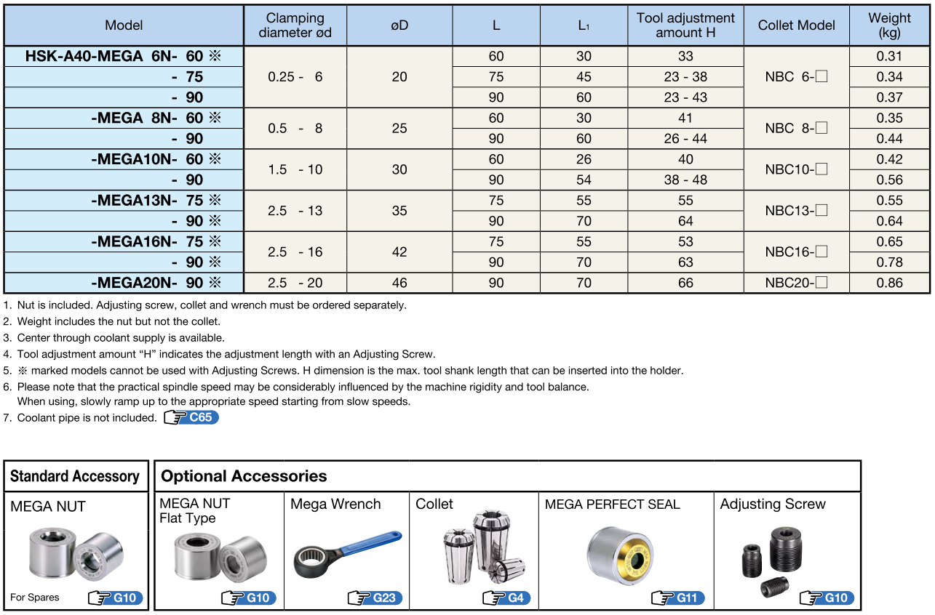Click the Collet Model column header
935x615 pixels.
click(796, 25)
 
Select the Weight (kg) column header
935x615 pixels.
click(889, 25)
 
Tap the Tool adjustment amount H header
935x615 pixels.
click(685, 25)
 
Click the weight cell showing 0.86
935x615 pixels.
click(889, 283)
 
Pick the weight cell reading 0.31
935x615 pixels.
click(889, 56)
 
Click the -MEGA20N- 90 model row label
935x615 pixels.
click(156, 283)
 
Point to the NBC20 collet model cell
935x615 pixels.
click(796, 283)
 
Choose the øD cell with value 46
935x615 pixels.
click(399, 283)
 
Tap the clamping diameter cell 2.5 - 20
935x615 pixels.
click(295, 283)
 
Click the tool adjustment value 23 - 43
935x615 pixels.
click(685, 97)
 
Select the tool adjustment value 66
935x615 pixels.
click(685, 283)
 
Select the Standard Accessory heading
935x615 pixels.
click(75, 477)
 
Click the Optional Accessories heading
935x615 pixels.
click(244, 477)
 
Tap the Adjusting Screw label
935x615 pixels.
click(773, 505)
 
